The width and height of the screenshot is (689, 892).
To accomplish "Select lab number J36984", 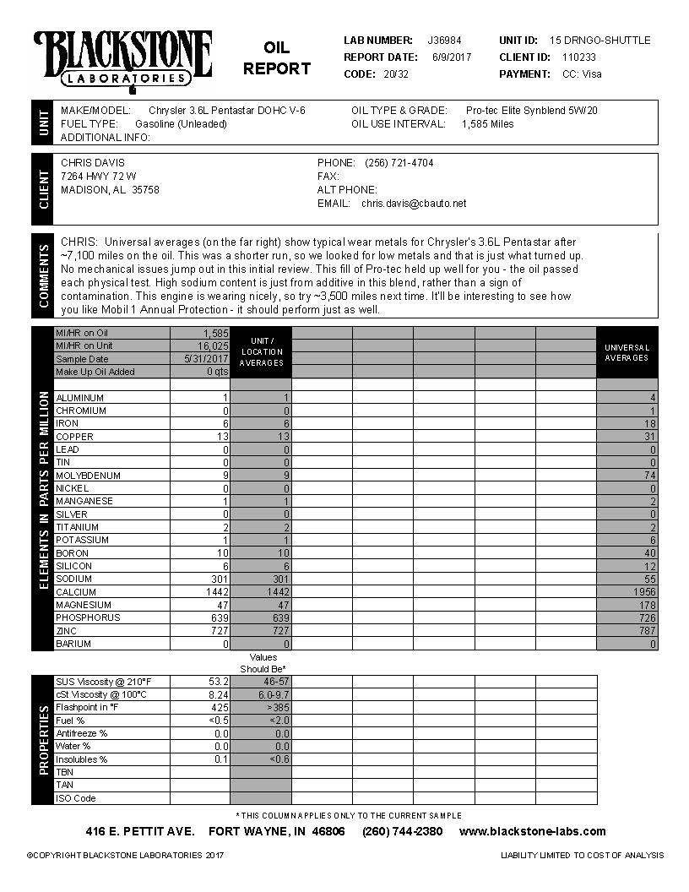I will [x=445, y=41].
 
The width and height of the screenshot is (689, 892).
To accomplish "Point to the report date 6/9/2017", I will [x=452, y=57].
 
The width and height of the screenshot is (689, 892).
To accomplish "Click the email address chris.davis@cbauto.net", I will [x=414, y=204].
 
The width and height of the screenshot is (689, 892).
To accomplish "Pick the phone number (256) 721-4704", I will [x=399, y=163].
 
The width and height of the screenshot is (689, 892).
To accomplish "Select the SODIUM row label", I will [x=74, y=579].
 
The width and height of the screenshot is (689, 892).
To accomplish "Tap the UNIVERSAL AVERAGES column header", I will [x=627, y=353].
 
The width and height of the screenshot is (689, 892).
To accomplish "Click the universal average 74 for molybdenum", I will [x=649, y=476].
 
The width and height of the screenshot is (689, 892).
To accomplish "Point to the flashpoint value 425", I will [x=219, y=708].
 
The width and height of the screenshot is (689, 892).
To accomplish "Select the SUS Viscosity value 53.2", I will [x=217, y=682].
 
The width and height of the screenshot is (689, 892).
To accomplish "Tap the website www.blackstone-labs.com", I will [x=532, y=832].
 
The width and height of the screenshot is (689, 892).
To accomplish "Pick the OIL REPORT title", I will [x=276, y=58].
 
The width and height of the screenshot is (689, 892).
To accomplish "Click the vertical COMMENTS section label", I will [x=44, y=275].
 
